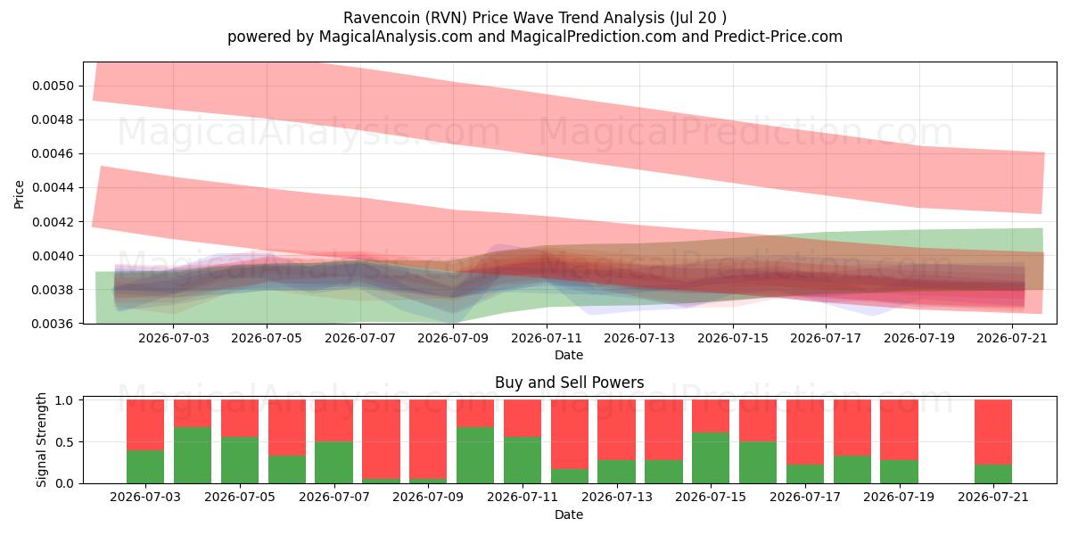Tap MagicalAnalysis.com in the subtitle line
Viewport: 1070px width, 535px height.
(396, 37)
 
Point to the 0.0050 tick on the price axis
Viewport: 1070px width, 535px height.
(53, 86)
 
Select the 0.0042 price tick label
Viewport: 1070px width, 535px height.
(53, 222)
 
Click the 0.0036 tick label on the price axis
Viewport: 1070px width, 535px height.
(53, 324)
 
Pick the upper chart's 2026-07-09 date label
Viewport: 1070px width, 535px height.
(453, 338)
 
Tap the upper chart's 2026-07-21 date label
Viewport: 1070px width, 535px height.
(1012, 338)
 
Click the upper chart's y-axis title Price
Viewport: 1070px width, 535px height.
(19, 194)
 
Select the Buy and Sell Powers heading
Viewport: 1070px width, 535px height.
(570, 383)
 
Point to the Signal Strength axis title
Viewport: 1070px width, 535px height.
(41, 440)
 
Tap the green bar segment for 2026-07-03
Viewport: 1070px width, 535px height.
(145, 466)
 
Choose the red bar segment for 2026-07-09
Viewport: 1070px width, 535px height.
(428, 440)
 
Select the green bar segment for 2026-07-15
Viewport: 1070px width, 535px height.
(711, 458)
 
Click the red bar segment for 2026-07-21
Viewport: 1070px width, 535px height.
(993, 432)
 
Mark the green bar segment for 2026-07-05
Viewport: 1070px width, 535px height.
(240, 460)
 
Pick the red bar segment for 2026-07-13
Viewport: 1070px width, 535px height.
(617, 430)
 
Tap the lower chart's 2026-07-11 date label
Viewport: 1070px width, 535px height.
(523, 498)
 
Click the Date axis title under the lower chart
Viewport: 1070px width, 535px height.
(569, 515)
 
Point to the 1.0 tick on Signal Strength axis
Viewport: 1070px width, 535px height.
(64, 400)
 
